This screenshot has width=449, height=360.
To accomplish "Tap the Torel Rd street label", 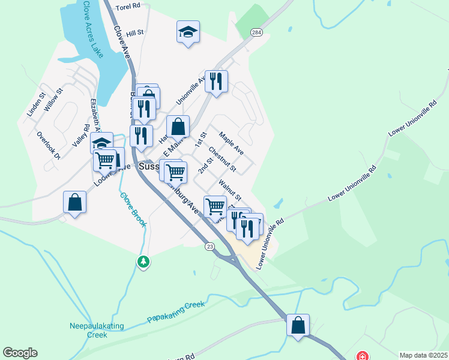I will pos(127,6).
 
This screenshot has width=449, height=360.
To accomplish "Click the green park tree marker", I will pos(143,262).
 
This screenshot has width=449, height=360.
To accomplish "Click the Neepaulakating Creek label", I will pos(96,329).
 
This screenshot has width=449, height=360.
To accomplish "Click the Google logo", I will pos(20,353).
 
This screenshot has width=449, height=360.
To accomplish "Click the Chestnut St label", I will pos(223,158).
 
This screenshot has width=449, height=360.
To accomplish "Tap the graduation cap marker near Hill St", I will pos(188,32).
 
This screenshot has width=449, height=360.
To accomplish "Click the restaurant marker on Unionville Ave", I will pos(216,81).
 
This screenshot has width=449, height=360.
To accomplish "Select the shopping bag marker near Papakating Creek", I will pos(298,326).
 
